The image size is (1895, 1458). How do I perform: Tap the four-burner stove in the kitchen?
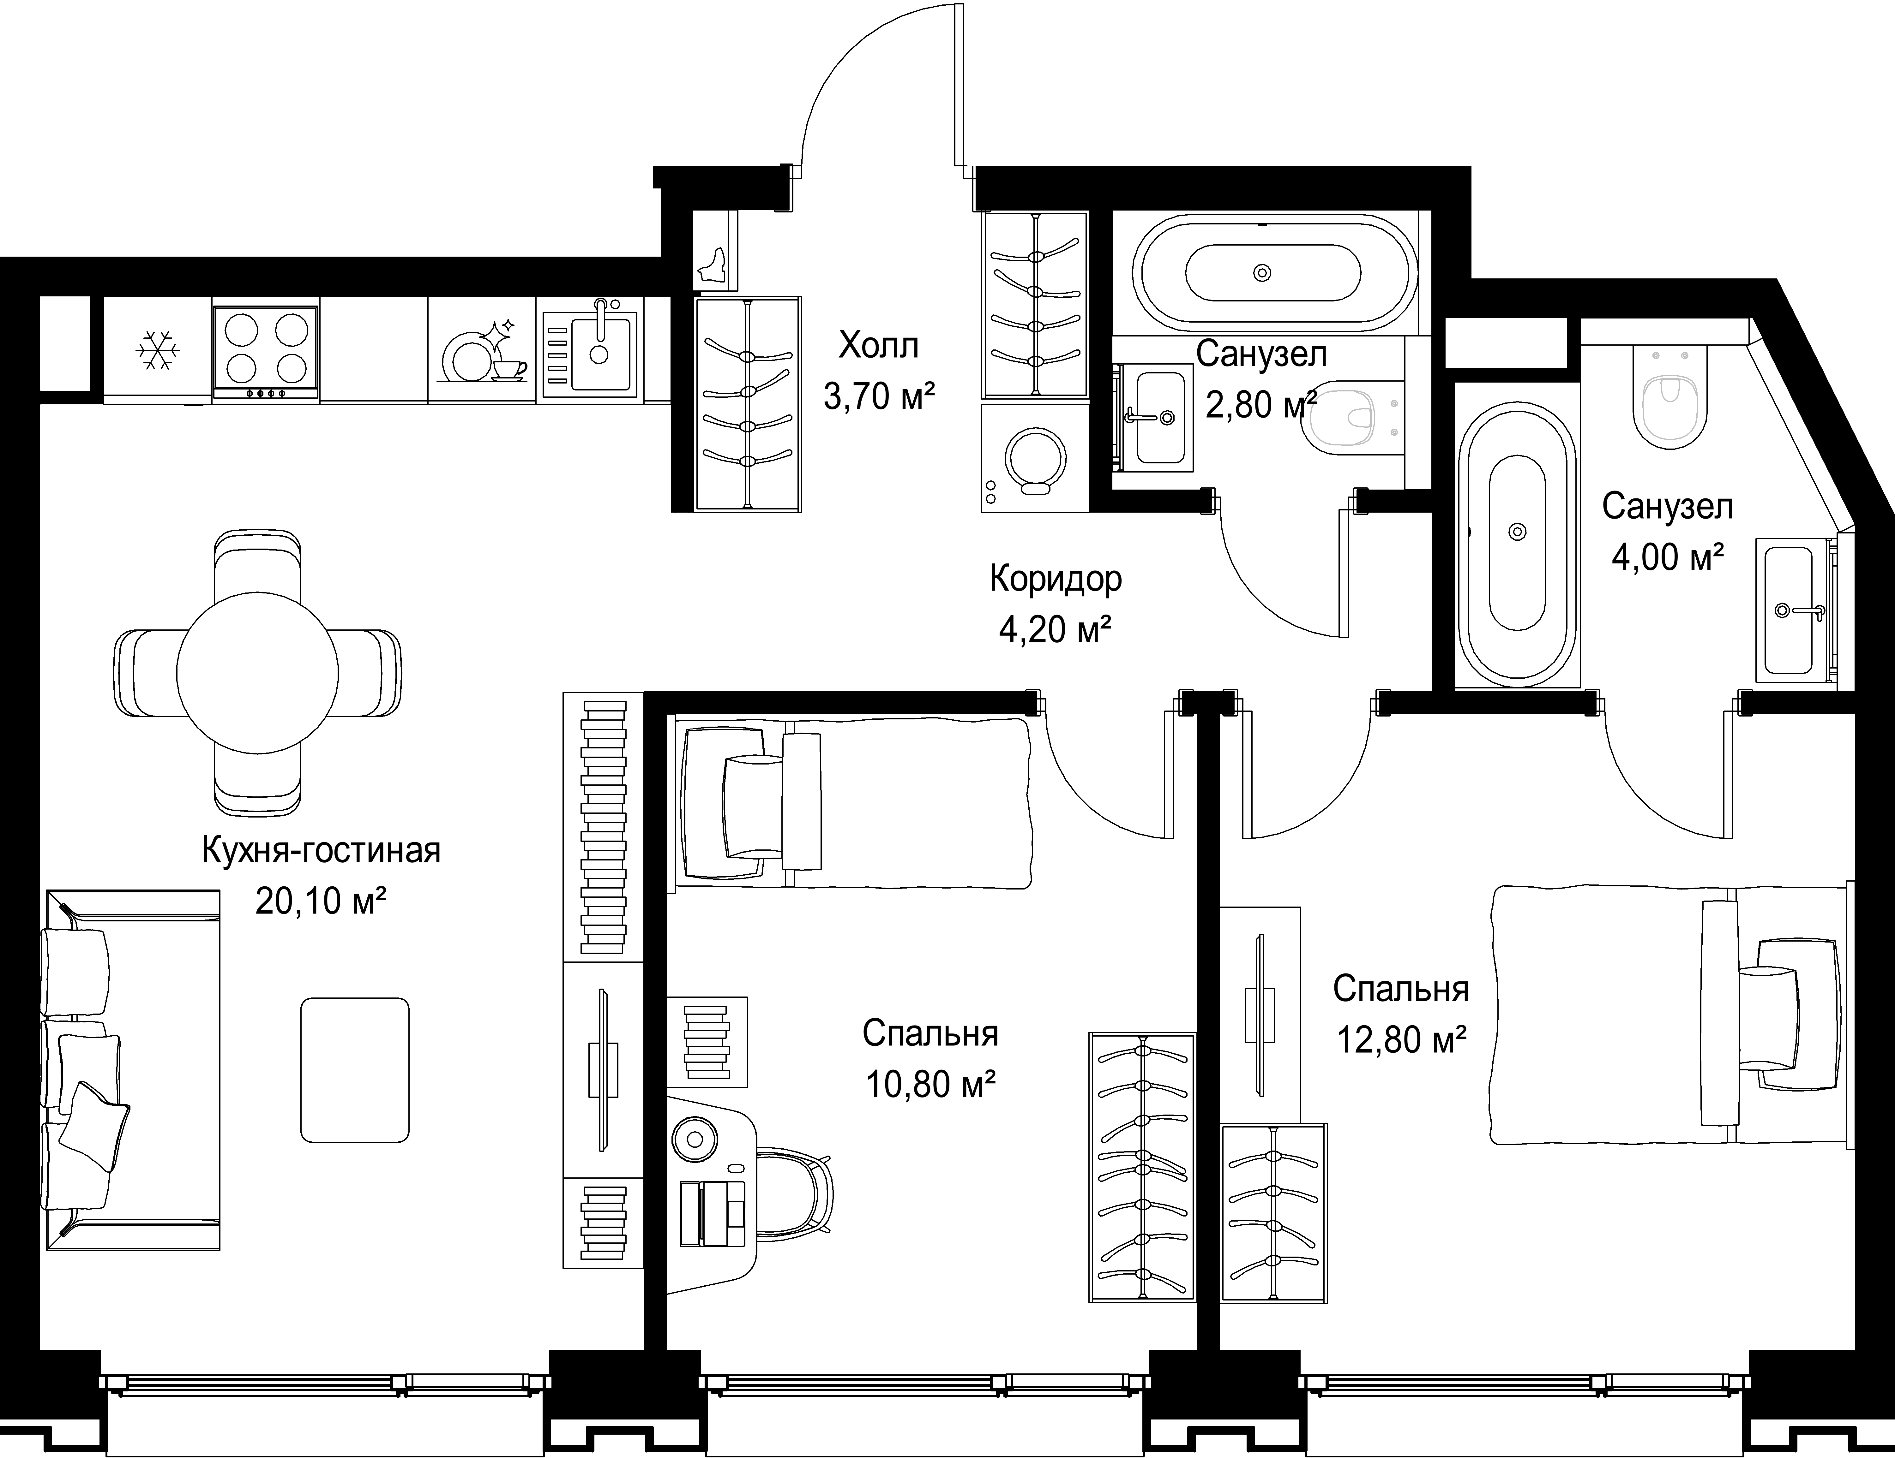pos(266,350)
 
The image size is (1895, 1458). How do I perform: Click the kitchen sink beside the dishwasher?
pos(590,349)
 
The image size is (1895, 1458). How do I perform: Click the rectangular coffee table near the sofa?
pos(355,1069)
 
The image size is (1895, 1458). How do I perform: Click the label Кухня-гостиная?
pos(321,850)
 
